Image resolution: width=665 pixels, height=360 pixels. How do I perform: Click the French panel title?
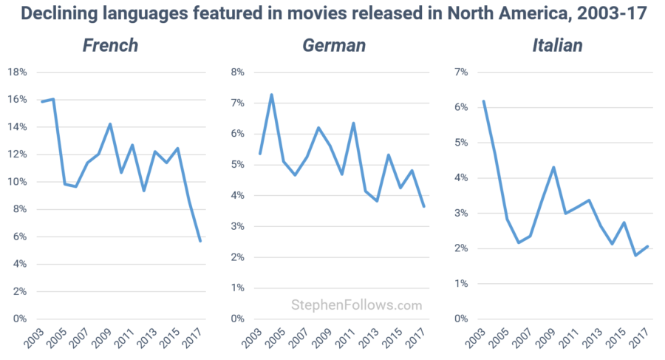pos(110,45)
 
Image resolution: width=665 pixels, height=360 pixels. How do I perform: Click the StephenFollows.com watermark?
pos(357,305)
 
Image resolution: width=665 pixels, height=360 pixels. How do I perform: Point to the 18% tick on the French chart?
pos(18,72)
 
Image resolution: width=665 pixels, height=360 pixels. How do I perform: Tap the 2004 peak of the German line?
pos(271,95)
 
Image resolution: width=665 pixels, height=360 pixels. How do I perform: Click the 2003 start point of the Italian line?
pos(483,101)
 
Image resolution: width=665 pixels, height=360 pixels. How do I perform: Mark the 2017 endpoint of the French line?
pos(200,241)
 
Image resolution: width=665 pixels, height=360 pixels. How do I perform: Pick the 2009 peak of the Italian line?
pos(553,167)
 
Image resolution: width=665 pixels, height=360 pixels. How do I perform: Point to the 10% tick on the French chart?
pos(18,182)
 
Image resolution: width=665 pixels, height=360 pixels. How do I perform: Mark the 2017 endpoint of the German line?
pos(424,206)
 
